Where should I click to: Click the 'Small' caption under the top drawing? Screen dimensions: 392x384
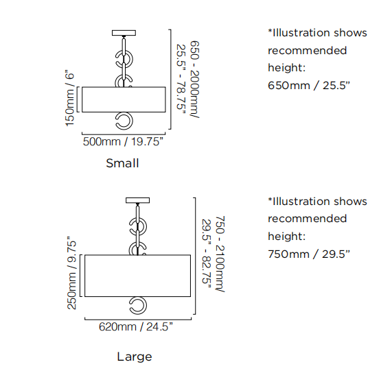tap(122, 163)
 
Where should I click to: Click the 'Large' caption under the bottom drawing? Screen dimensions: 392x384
tap(135, 357)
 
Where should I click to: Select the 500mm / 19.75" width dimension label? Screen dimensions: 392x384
tap(123, 141)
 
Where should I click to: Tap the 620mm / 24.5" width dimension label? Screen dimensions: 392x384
tap(136, 326)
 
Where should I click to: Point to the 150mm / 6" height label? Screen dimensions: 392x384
tap(70, 98)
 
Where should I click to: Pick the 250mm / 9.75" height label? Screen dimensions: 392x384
tap(72, 273)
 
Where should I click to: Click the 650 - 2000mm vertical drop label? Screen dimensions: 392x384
tap(195, 80)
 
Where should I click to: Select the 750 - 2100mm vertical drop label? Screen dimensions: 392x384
tap(220, 254)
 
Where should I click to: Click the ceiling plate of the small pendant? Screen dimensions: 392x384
tap(124, 33)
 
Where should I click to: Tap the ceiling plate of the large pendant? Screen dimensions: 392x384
tap(137, 200)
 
